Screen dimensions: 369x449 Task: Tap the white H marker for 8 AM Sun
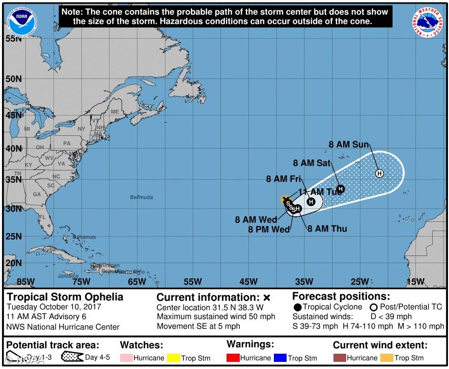pos(379,174)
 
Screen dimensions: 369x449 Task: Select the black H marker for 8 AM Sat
pos(341,189)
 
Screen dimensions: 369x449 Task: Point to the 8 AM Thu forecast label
pos(327,229)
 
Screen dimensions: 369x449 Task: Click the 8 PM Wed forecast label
pos(269,230)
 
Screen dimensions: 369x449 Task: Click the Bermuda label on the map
pos(141,197)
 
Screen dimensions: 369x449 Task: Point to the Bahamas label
pos(83,237)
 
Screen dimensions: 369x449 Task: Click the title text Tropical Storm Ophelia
pos(65,297)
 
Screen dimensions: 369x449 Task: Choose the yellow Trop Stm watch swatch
pos(174,358)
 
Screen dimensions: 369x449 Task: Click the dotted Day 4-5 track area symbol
pos(71,357)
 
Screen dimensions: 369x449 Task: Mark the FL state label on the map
pos(43,217)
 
